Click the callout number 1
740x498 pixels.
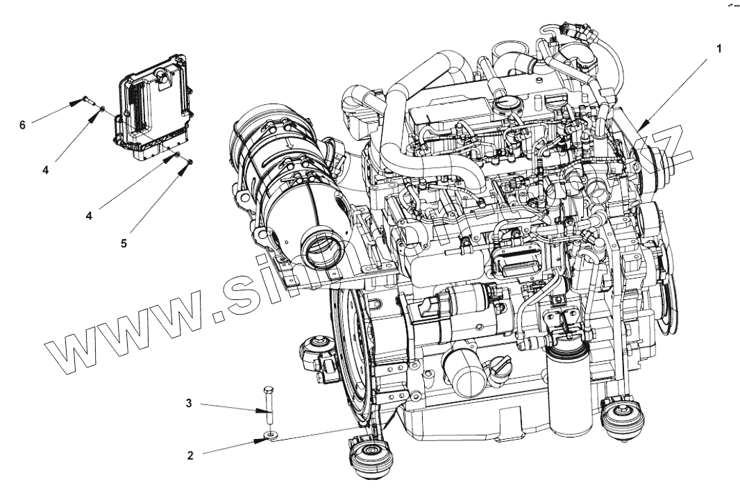tap(720, 49)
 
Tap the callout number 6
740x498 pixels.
tap(22, 124)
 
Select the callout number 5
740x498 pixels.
tap(124, 244)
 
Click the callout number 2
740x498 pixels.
tap(190, 456)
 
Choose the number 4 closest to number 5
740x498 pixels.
tap(90, 216)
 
